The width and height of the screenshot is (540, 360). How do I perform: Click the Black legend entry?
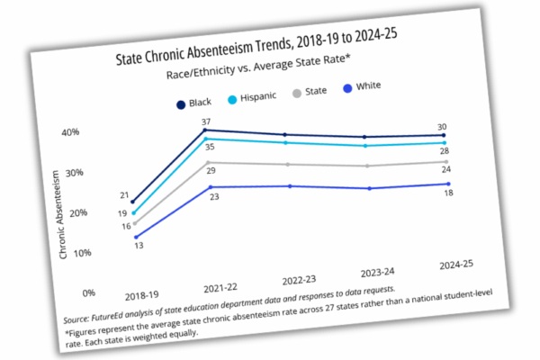[198, 103]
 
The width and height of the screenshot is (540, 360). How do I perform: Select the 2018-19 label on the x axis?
[142, 293]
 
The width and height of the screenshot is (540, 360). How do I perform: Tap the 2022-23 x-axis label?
[297, 281]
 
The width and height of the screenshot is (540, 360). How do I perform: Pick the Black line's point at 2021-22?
[207, 130]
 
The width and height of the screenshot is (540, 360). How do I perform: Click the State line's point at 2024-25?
[449, 162]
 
